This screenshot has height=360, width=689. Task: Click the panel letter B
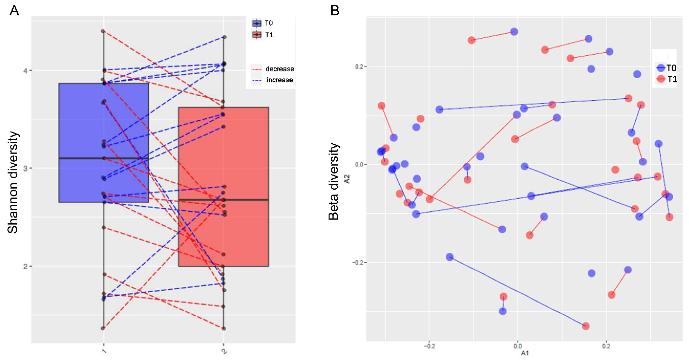click(x=335, y=11)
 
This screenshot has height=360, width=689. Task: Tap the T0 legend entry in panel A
click(x=268, y=23)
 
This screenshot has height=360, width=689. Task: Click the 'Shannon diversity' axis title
click(x=13, y=183)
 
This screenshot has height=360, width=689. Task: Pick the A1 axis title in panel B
click(x=525, y=353)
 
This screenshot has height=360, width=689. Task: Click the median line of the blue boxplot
click(x=104, y=158)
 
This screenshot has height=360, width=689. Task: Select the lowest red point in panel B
click(x=586, y=326)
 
